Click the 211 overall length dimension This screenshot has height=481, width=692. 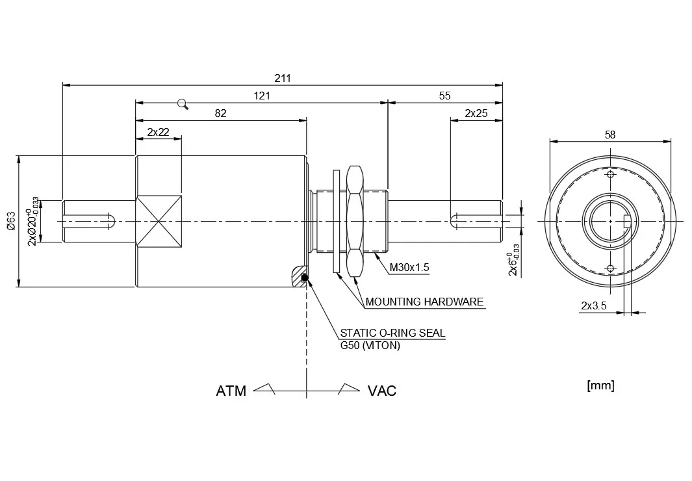click(x=283, y=78)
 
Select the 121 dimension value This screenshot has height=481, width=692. click(x=262, y=96)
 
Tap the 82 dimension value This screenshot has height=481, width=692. click(x=220, y=113)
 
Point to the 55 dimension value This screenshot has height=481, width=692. click(x=444, y=96)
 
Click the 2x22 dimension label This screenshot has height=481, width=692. click(x=158, y=132)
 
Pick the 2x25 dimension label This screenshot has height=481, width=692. click(x=476, y=113)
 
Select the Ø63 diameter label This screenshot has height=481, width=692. click(x=11, y=221)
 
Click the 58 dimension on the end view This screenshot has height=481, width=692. click(x=609, y=135)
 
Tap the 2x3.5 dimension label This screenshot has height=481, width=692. click(x=593, y=305)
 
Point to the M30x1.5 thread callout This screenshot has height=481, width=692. click(x=409, y=267)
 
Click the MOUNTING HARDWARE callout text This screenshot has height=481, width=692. click(x=424, y=302)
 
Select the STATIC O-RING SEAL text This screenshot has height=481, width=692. click(x=393, y=333)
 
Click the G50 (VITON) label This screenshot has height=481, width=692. click(x=370, y=345)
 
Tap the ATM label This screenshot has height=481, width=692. click(x=231, y=391)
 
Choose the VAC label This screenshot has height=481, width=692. click(x=382, y=391)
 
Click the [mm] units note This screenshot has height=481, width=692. click(x=600, y=385)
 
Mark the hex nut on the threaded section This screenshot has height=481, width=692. click(x=355, y=221)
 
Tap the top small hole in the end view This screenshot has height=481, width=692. click(x=609, y=175)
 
